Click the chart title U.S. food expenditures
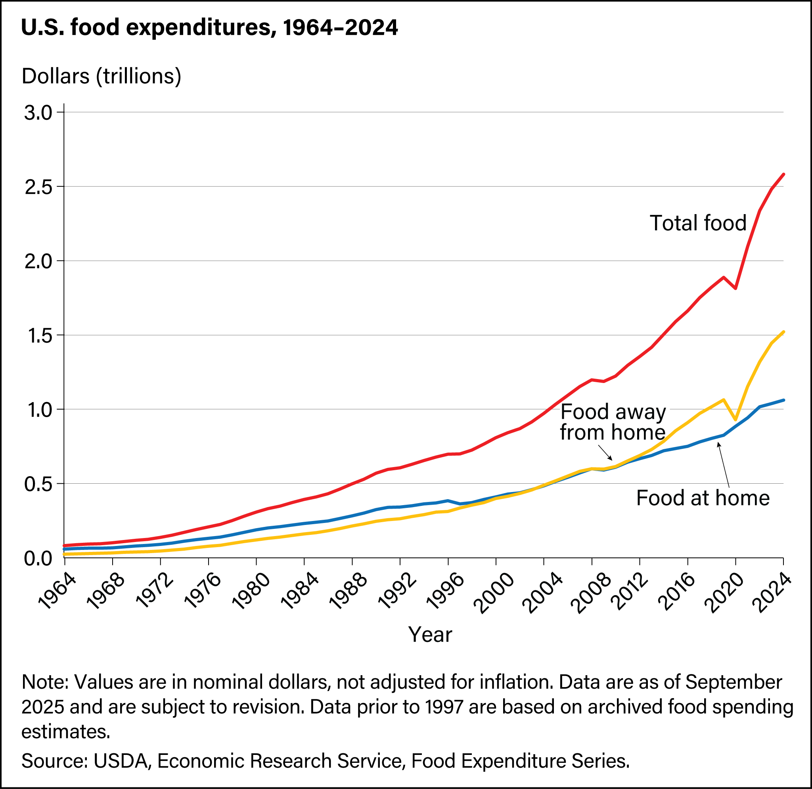pyautogui.click(x=209, y=28)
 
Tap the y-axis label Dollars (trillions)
pyautogui.click(x=101, y=76)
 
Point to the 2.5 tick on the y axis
pyautogui.click(x=38, y=187)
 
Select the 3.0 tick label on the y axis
pyautogui.click(x=38, y=113)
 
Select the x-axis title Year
pyautogui.click(x=430, y=634)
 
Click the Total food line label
pyautogui.click(x=698, y=223)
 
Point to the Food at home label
pyautogui.click(x=703, y=498)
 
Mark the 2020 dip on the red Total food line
pyautogui.click(x=735, y=288)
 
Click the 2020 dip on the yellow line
pyautogui.click(x=735, y=420)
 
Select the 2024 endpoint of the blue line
pyautogui.click(x=783, y=400)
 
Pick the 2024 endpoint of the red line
pyautogui.click(x=783, y=174)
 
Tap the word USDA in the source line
pyautogui.click(x=121, y=761)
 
